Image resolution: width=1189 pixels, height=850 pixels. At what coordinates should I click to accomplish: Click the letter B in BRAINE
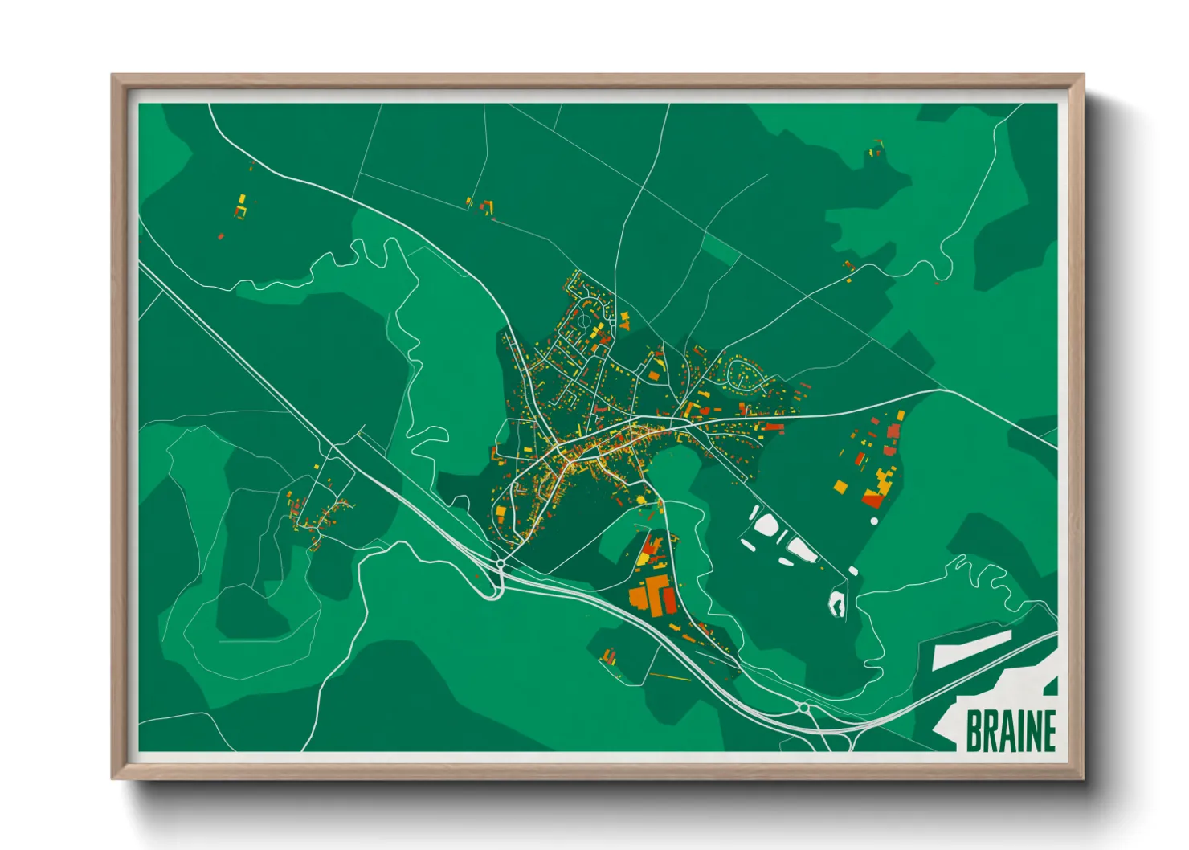point(974,731)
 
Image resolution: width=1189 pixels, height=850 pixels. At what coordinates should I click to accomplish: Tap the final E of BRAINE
point(1048,731)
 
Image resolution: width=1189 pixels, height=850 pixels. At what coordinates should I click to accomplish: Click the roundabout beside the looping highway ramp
point(501,564)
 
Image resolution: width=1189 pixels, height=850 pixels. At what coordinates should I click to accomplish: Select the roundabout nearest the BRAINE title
point(804,708)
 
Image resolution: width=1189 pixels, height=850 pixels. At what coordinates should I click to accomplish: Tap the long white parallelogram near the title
point(971,650)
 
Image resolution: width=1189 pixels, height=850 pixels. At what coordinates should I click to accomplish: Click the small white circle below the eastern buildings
point(874,521)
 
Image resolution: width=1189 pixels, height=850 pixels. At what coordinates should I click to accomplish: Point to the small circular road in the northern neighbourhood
point(585,319)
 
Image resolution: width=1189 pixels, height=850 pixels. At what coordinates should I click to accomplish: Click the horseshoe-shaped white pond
point(837,603)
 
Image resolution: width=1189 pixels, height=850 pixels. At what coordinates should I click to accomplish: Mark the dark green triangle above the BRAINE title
point(1051,685)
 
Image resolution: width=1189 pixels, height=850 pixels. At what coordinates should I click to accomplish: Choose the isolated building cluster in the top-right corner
point(875,149)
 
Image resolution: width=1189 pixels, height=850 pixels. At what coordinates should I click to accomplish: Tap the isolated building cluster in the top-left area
point(239,206)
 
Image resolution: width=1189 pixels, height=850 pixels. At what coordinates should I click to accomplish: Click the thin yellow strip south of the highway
point(670,677)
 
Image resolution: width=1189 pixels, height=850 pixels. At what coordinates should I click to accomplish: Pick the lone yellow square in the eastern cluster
point(840,486)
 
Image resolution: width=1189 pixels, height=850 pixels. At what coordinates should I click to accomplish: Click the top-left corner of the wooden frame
point(114,77)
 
